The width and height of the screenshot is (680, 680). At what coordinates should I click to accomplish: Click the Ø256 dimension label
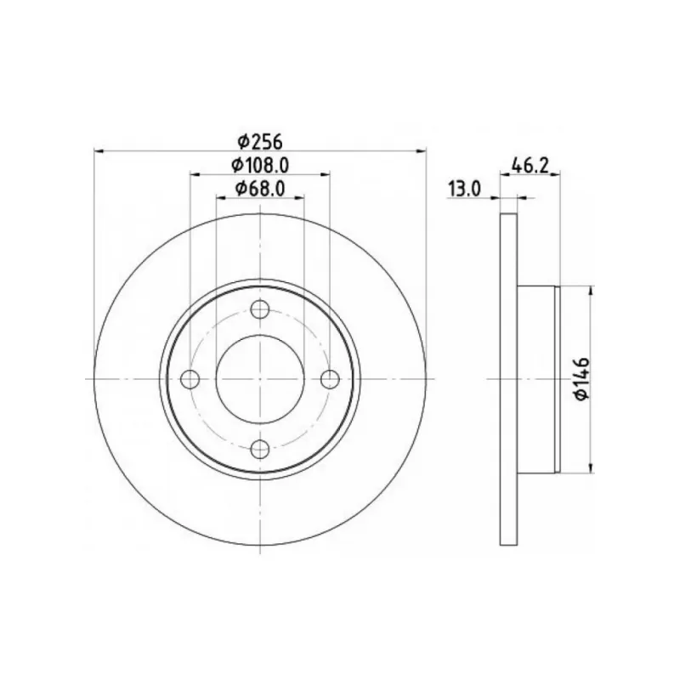coord(260,141)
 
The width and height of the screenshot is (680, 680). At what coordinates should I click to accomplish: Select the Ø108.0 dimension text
coord(260,164)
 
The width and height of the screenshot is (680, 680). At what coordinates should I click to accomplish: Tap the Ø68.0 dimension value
coord(260,188)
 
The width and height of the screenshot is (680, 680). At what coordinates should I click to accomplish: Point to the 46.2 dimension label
coord(530,165)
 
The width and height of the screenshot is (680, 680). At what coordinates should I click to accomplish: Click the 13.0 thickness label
coord(464,189)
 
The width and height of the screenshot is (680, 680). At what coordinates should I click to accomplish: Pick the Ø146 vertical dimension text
coord(581,378)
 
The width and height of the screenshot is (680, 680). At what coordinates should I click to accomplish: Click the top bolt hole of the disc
coord(260,309)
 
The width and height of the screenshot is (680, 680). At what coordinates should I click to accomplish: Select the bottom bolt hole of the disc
coord(260,449)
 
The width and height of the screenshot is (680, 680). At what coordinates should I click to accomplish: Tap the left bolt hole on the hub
coord(190,379)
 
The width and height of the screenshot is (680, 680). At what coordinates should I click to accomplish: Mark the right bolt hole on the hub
coord(330,379)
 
